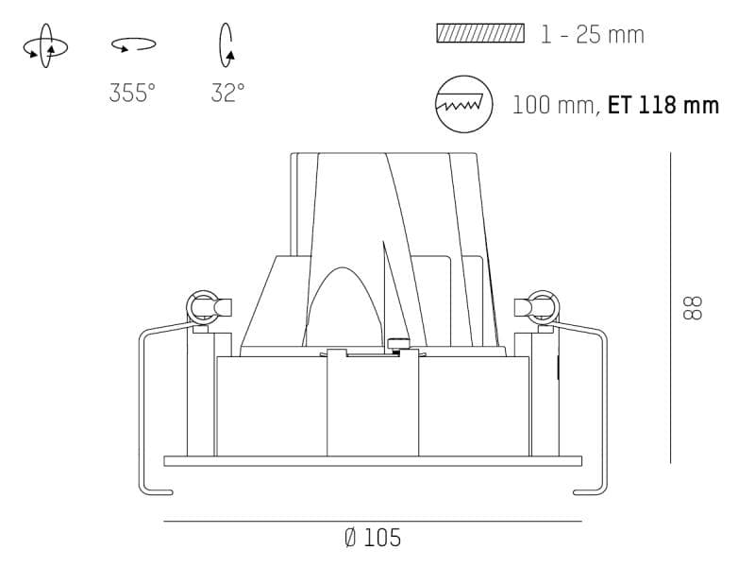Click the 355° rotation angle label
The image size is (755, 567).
[x=132, y=93]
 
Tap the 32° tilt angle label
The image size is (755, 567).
[x=227, y=93]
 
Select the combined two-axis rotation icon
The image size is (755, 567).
[x=45, y=46]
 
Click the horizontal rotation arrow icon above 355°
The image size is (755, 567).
[x=133, y=44]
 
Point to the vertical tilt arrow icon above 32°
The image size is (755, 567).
[x=226, y=45]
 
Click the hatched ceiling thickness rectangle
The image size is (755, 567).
[x=480, y=33]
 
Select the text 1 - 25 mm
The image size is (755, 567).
[x=593, y=35]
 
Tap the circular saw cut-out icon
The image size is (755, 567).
[x=464, y=104]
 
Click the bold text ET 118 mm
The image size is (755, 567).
[x=663, y=105]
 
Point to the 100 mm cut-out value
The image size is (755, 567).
[x=553, y=105]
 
